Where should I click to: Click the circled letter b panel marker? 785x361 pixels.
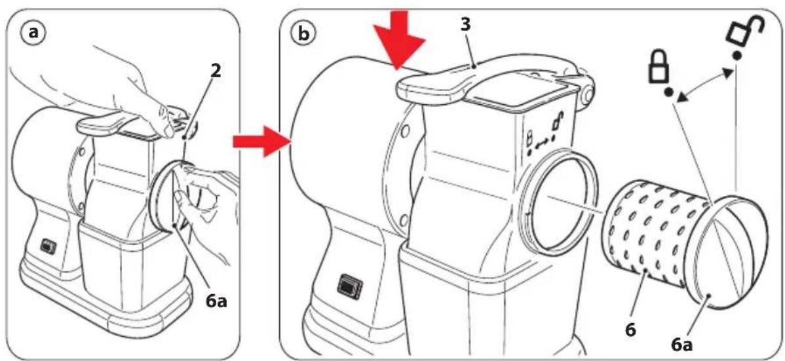(x=302, y=33)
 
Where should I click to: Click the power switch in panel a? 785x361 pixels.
(x=48, y=246)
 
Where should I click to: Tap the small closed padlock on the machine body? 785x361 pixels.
(x=531, y=137)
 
